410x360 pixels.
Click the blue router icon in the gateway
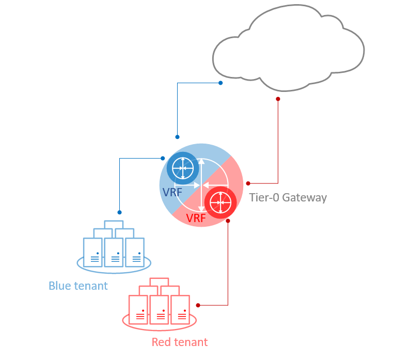182,168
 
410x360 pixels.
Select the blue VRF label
172,193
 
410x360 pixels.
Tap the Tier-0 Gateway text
288,197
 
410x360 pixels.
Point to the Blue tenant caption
78,286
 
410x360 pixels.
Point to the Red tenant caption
180,342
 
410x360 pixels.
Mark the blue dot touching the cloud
220,83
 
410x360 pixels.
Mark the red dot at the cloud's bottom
278,98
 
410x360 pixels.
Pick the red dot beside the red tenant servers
198,305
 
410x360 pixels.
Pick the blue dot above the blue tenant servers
119,212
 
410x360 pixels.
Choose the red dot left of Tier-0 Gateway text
248,183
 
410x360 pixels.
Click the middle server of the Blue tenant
114,252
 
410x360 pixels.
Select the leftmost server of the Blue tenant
93,252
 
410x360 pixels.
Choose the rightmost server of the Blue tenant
135,252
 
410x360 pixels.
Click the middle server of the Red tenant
160,309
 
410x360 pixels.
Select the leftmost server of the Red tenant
138,309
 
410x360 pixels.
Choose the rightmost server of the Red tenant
180,309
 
